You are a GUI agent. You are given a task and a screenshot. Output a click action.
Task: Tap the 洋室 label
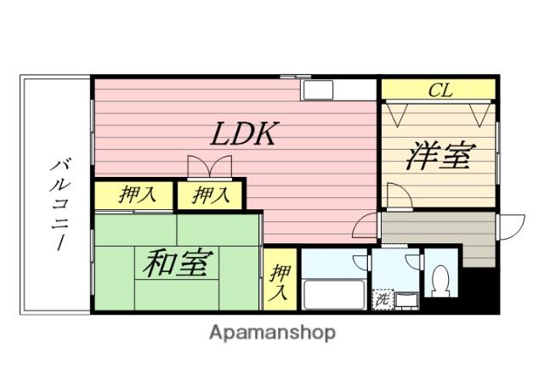439,157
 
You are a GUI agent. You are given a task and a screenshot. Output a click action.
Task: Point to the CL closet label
439,90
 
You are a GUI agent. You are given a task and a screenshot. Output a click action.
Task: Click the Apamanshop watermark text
272,333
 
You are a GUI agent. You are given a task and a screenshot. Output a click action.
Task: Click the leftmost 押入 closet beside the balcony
135,195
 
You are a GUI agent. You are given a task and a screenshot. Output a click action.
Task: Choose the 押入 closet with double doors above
210,195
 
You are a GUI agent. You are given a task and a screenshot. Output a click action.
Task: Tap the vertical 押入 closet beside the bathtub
280,282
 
